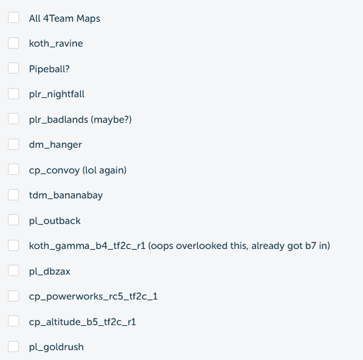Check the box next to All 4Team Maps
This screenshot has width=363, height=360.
pos(13,18)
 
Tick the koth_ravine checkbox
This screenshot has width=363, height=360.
pos(13,43)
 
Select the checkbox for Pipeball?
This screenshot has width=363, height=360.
pos(13,68)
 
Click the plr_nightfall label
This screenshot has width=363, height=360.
pos(57,95)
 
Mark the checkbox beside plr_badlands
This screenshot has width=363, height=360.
pos(13,119)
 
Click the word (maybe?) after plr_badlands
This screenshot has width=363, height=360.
pos(111,120)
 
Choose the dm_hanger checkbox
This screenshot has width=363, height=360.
pos(13,145)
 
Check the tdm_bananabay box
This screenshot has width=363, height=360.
pos(13,195)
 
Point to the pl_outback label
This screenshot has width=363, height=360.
pos(55,221)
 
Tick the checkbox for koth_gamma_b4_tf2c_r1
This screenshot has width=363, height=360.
pos(13,245)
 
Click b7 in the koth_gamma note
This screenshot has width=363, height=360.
pos(310,246)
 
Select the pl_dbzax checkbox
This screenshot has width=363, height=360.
pos(13,271)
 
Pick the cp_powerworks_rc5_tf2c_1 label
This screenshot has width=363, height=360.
pos(93,297)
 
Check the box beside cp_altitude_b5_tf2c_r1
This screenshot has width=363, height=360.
pos(13,321)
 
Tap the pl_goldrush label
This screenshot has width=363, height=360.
pos(57,348)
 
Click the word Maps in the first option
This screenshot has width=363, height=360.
pos(88,19)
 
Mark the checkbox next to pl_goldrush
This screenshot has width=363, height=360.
pos(13,347)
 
